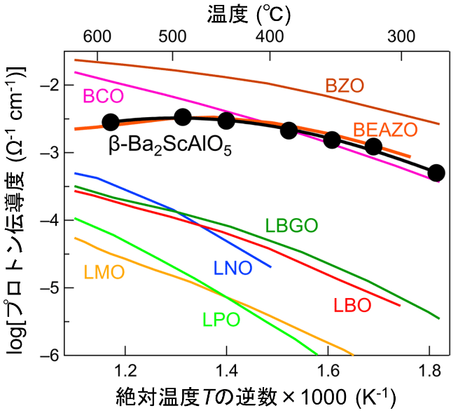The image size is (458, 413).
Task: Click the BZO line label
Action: pyautogui.click(x=344, y=86)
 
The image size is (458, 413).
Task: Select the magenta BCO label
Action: pyautogui.click(x=103, y=96)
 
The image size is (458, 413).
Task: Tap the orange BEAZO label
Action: pyautogui.click(x=385, y=130)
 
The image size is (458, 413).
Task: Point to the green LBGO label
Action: pyautogui.click(x=291, y=226)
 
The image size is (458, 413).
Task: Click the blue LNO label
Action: pyautogui.click(x=232, y=267)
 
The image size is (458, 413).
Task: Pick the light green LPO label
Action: pyautogui.click(x=221, y=320)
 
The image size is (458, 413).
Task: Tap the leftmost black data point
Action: pyautogui.click(x=111, y=122)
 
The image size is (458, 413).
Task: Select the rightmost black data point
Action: pyautogui.click(x=436, y=172)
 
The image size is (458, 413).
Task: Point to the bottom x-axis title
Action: pyautogui.click(x=249, y=398)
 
